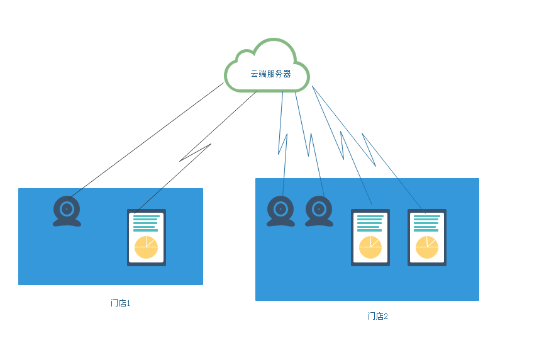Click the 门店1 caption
pyautogui.click(x=119, y=303)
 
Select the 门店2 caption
pyautogui.click(x=377, y=316)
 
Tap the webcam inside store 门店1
pyautogui.click(x=67, y=211)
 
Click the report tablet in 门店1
pyautogui.click(x=147, y=237)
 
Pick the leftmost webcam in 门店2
pyautogui.click(x=280, y=211)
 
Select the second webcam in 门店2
pyautogui.click(x=319, y=211)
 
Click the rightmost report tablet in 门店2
pyautogui.click(x=427, y=237)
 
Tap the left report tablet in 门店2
pyautogui.click(x=370, y=237)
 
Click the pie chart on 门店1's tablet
pyautogui.click(x=146, y=247)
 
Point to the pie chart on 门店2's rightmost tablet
pyautogui.click(x=427, y=247)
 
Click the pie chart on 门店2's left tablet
pyautogui.click(x=370, y=247)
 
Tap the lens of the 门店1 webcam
pyautogui.click(x=67, y=208)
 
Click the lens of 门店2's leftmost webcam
pyautogui.click(x=280, y=208)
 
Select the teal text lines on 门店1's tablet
pyautogui.click(x=145, y=224)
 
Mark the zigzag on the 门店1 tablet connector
pyautogui.click(x=196, y=153)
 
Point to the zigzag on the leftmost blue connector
pyautogui.click(x=283, y=144)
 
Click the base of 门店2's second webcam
pyautogui.click(x=319, y=222)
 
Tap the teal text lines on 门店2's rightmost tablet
pyautogui.click(x=426, y=223)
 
